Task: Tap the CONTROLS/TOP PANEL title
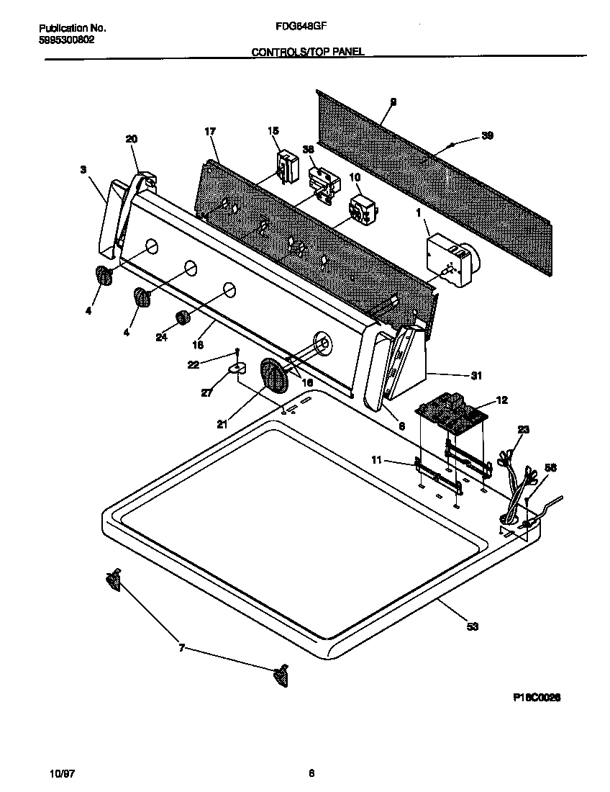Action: pos(308,52)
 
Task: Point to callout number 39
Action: pos(487,136)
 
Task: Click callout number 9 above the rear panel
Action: pos(393,103)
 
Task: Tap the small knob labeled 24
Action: pos(182,318)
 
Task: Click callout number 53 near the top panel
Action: pos(472,627)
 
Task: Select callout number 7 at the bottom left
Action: pos(181,648)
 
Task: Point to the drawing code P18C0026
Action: pos(537,697)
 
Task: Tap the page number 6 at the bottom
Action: pos(311,774)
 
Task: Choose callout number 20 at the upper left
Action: pos(131,139)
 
